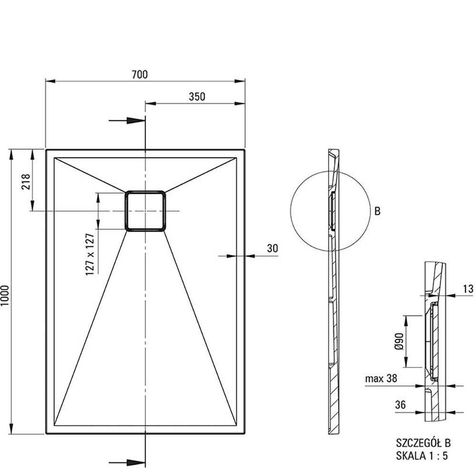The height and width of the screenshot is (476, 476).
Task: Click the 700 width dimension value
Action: coord(140,74)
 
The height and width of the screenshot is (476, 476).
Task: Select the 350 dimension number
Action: coord(197,97)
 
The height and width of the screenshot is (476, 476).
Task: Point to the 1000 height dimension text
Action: coord(6,296)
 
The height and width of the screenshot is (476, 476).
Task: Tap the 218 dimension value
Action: coord(27,181)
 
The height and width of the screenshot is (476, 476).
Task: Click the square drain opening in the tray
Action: coord(145,211)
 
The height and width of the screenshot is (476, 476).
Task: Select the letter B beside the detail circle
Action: coord(377,211)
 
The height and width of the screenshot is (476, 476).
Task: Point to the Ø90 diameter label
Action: coord(399,341)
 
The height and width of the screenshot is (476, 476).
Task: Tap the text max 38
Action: coord(381,379)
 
